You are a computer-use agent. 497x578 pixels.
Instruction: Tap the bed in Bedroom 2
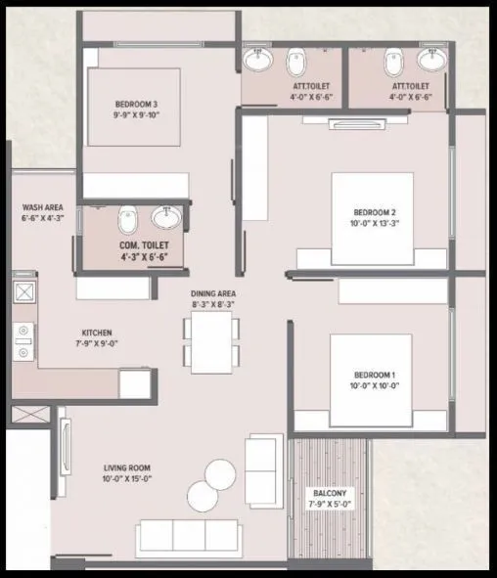[375, 218]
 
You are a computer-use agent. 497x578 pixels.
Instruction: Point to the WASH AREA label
[43, 207]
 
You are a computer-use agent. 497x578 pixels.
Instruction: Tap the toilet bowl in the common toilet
[126, 220]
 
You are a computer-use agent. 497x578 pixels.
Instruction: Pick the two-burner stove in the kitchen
[23, 339]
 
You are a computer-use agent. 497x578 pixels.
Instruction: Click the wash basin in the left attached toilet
[259, 61]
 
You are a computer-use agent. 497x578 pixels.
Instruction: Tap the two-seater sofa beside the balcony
[263, 470]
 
